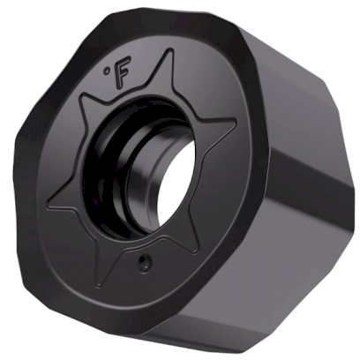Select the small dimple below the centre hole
point(143,262)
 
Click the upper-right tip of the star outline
point(236,123)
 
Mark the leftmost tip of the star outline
point(49,206)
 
